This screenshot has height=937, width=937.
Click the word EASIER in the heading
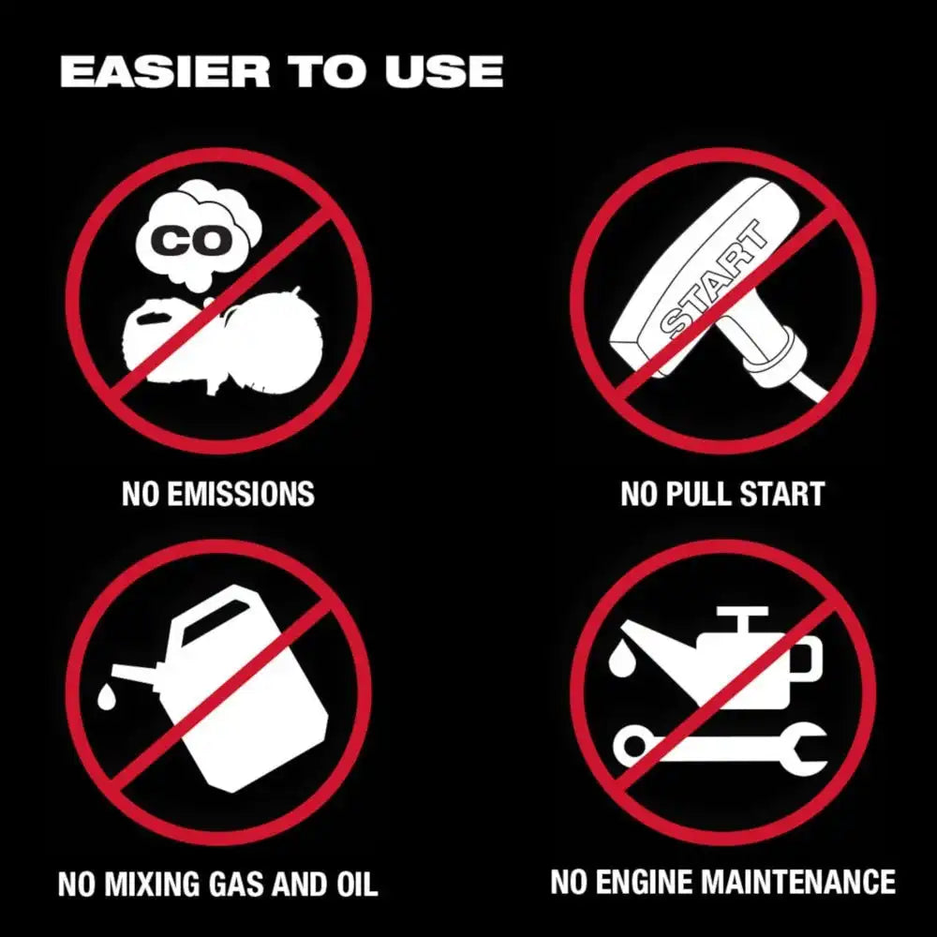point(165,72)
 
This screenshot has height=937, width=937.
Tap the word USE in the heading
point(443,72)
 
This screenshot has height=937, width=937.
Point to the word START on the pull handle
point(715,279)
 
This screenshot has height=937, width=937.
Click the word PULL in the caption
point(700,494)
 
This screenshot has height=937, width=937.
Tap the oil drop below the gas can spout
point(107,696)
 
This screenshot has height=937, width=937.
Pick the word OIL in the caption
point(357,885)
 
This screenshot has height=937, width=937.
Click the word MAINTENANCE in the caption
point(798,882)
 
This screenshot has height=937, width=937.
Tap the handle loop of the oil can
point(809,659)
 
